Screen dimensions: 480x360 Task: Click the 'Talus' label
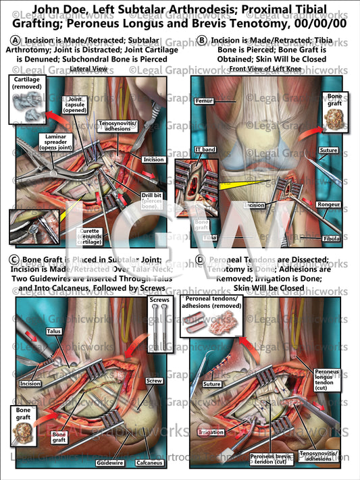tap(54, 331)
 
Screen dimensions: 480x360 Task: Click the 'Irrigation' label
tap(209, 431)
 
